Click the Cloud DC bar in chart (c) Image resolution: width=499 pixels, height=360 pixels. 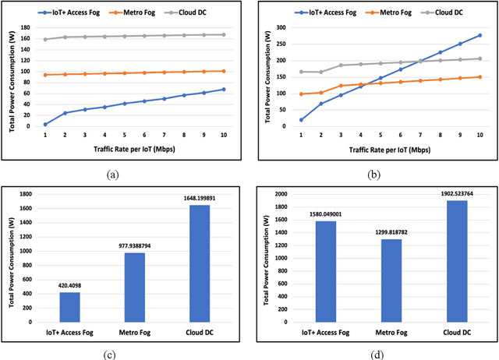click(x=200, y=263)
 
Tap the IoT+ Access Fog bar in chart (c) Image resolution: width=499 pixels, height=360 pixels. click(x=69, y=307)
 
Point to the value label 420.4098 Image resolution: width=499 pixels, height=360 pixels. click(x=69, y=285)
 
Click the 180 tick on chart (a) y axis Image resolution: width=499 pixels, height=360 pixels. click(x=27, y=27)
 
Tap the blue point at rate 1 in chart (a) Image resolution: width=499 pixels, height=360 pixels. click(x=45, y=124)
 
